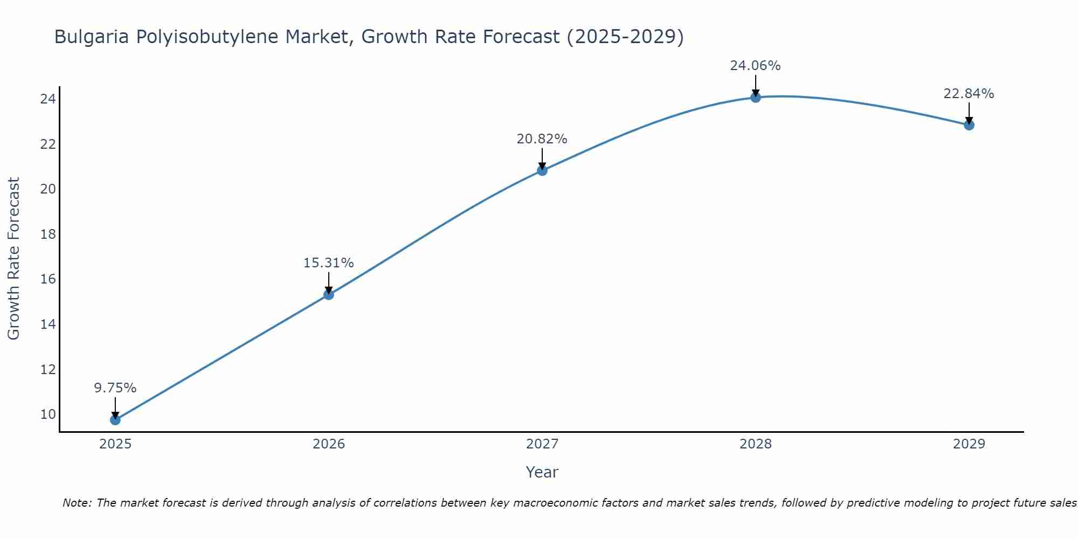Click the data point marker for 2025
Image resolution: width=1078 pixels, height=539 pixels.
pos(115,420)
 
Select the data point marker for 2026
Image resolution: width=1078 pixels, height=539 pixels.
pos(329,294)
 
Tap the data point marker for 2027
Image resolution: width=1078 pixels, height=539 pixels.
pos(542,170)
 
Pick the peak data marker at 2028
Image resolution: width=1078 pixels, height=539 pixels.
pos(756,98)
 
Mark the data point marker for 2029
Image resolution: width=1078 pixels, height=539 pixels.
pos(969,125)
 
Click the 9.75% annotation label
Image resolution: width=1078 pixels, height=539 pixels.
pos(115,388)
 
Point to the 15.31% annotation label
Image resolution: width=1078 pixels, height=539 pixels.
pos(329,263)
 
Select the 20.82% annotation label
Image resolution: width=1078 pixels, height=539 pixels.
pos(542,139)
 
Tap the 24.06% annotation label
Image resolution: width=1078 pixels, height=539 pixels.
pos(756,66)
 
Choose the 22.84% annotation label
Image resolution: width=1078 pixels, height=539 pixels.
pos(969,94)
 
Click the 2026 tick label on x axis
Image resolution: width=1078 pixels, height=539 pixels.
pos(329,444)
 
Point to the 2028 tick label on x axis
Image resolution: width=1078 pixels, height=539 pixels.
pos(756,444)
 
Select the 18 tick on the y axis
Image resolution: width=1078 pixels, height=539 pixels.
pos(48,234)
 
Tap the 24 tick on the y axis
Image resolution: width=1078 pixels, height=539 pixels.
pos(48,99)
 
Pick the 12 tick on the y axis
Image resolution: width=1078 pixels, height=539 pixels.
pos(48,370)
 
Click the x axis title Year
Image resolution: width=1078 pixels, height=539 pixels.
pos(542,472)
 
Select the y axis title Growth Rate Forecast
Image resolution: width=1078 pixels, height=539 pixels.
pos(14,259)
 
